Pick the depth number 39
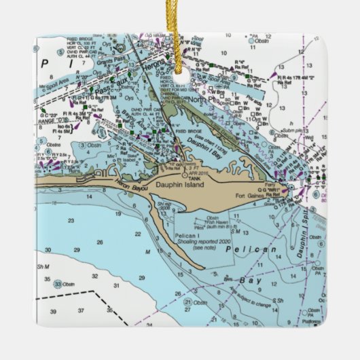pyautogui.click(x=52, y=310)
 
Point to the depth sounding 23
pyautogui.click(x=69, y=221)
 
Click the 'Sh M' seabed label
pyautogui.click(x=43, y=267)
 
